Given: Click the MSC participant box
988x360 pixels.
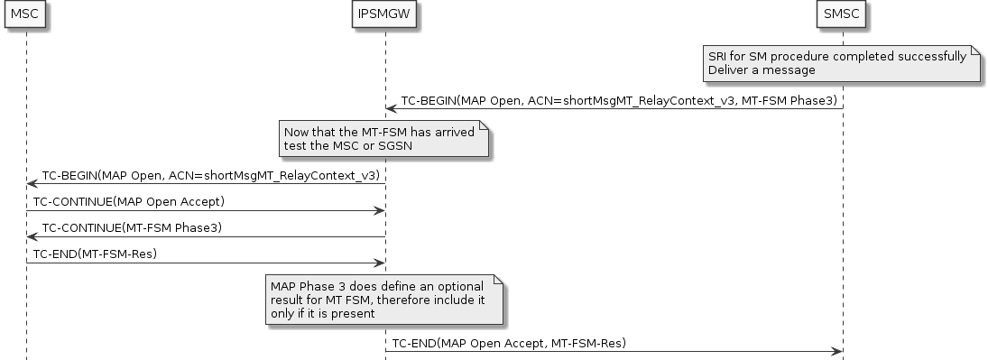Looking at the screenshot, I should tap(25, 14).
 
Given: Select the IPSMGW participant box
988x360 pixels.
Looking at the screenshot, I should tap(385, 14).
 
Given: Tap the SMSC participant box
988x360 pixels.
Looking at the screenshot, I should tap(843, 14).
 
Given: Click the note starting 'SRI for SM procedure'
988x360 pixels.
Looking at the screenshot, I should tap(843, 62).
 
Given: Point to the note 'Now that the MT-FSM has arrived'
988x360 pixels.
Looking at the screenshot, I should tap(383, 140).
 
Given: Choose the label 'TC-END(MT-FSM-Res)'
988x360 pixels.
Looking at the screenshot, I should tap(96, 254).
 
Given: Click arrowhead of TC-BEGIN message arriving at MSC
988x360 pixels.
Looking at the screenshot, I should tap(32, 183).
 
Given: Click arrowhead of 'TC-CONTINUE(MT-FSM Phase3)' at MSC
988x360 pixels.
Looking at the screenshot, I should tap(32, 236).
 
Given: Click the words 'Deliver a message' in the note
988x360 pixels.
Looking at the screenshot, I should tap(762, 69).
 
